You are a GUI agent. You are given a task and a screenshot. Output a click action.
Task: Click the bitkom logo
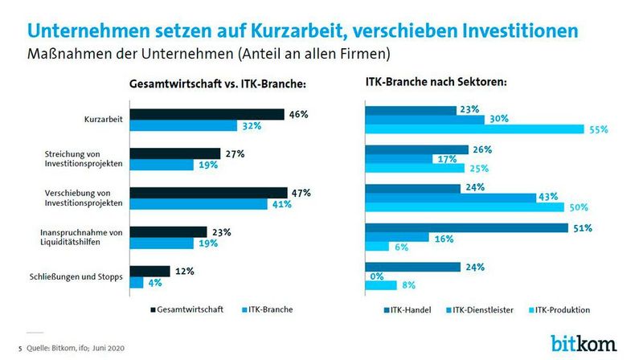(584, 342)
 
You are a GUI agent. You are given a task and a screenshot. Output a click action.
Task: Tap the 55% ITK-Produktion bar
(474, 129)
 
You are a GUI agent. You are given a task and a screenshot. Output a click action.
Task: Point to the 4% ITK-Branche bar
(137, 283)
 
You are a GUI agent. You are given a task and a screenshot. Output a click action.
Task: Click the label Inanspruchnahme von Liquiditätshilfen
(81, 238)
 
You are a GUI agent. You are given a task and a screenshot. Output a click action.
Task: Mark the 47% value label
(301, 193)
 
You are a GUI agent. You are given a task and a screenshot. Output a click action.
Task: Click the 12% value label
(184, 271)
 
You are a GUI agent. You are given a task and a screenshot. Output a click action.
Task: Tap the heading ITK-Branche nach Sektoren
(440, 82)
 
